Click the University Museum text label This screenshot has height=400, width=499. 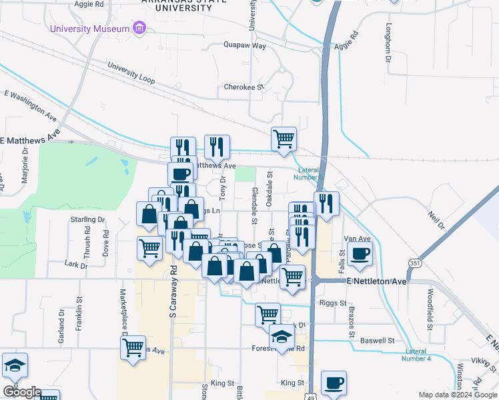click(x=89, y=29)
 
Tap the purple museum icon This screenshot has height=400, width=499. click(x=139, y=28)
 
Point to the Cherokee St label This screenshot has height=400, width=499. click(x=244, y=87)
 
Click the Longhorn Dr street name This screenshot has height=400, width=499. click(x=388, y=43)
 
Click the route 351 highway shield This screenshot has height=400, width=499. click(x=415, y=263)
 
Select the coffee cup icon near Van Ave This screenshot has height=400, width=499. click(x=360, y=253)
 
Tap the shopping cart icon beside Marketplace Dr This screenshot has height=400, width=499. click(x=133, y=347)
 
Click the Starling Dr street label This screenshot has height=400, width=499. click(x=87, y=219)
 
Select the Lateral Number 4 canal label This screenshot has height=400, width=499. click(x=418, y=355)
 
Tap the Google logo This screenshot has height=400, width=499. click(x=21, y=392)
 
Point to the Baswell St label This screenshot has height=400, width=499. click(x=377, y=341)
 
